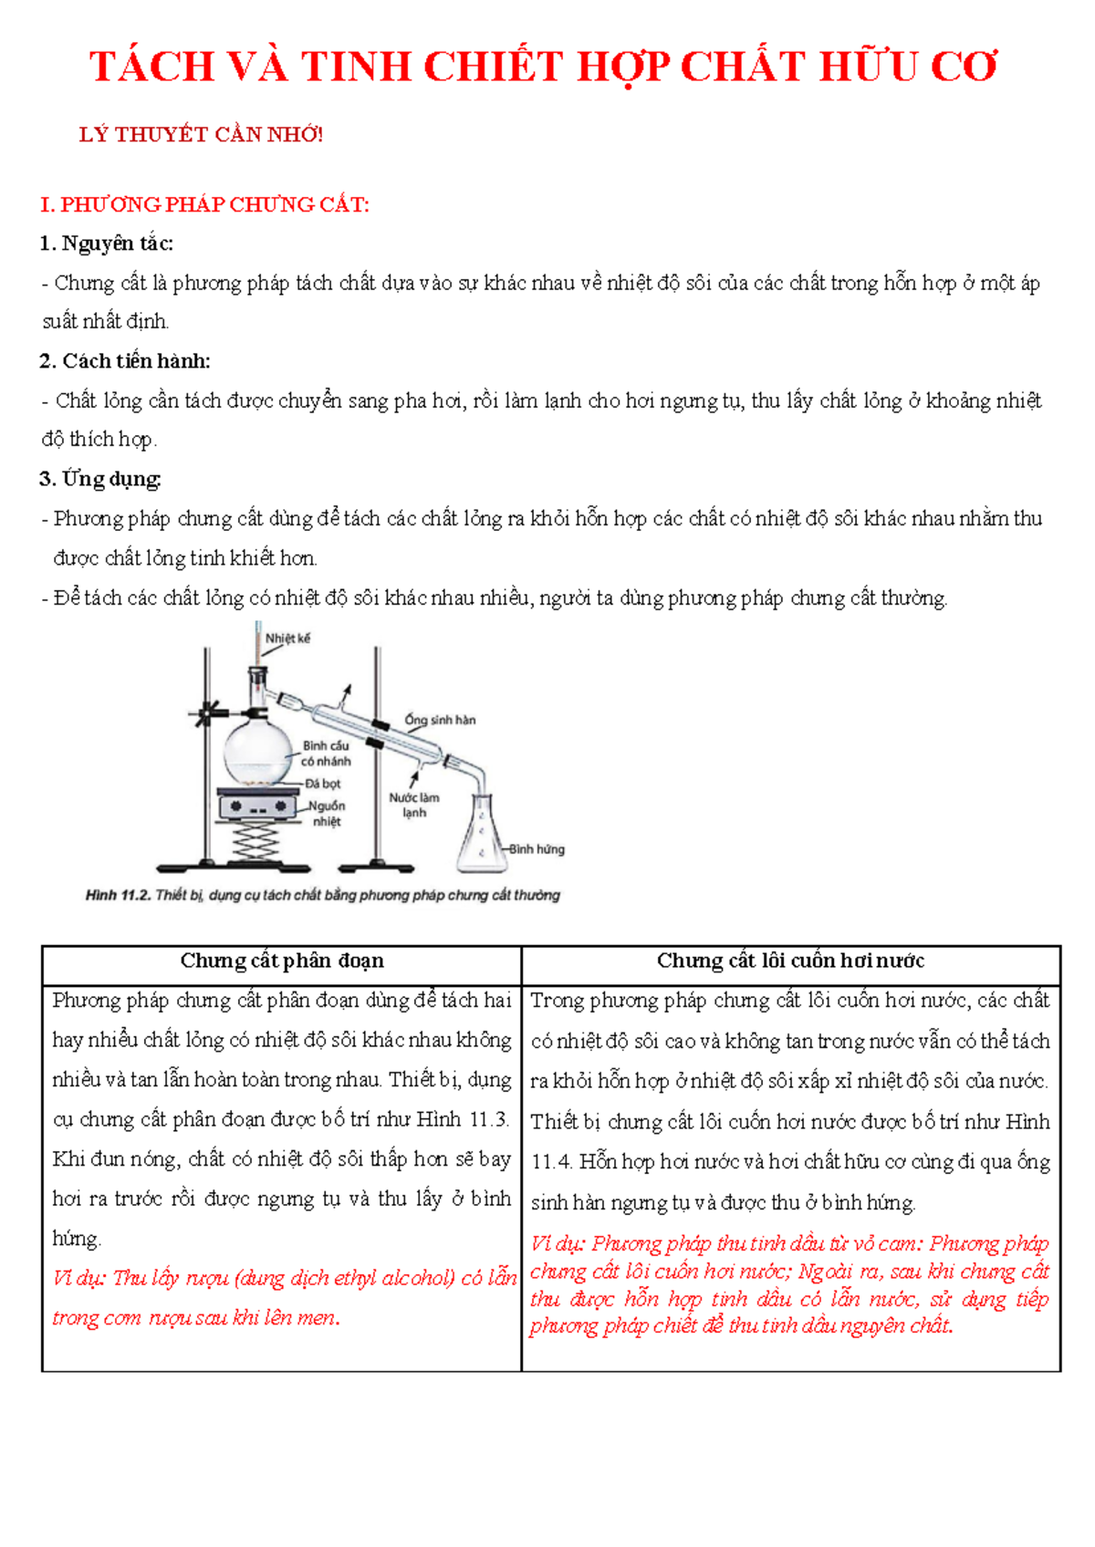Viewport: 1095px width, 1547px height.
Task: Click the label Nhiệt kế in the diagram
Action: coord(287,639)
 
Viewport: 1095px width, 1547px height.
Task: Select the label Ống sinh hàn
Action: coord(440,720)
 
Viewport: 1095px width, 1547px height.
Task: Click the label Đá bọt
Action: coord(322,784)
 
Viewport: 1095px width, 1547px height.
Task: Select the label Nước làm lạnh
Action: coord(414,805)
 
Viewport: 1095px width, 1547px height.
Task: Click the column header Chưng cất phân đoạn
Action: coord(282,960)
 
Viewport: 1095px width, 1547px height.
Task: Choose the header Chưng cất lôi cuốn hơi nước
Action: coord(790,960)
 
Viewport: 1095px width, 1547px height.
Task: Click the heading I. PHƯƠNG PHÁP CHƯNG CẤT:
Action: coord(205,204)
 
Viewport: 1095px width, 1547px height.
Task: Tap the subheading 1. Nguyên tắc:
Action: coord(107,244)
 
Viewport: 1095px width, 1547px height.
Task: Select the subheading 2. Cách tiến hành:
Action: coord(125,361)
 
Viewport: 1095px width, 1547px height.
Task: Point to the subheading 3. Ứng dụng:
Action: coord(100,479)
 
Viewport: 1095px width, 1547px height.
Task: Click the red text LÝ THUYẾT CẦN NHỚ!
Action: coord(202,135)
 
